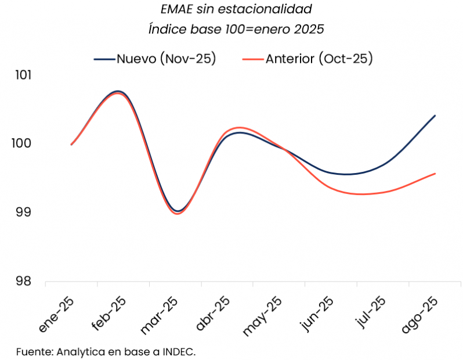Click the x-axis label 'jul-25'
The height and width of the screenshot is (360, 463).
click(x=370, y=314)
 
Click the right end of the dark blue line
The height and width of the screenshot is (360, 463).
click(x=435, y=116)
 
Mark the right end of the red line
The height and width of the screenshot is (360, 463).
click(x=435, y=174)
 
